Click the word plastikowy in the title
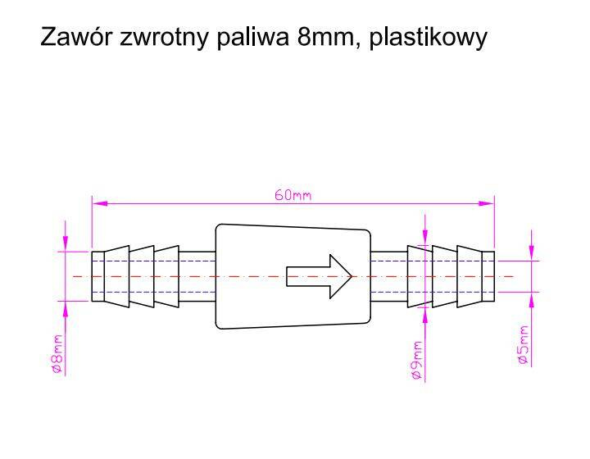428,38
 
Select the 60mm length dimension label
293,195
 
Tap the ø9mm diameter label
415,360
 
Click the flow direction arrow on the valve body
319,276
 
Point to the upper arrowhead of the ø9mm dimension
425,238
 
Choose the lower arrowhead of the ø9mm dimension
425,315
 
